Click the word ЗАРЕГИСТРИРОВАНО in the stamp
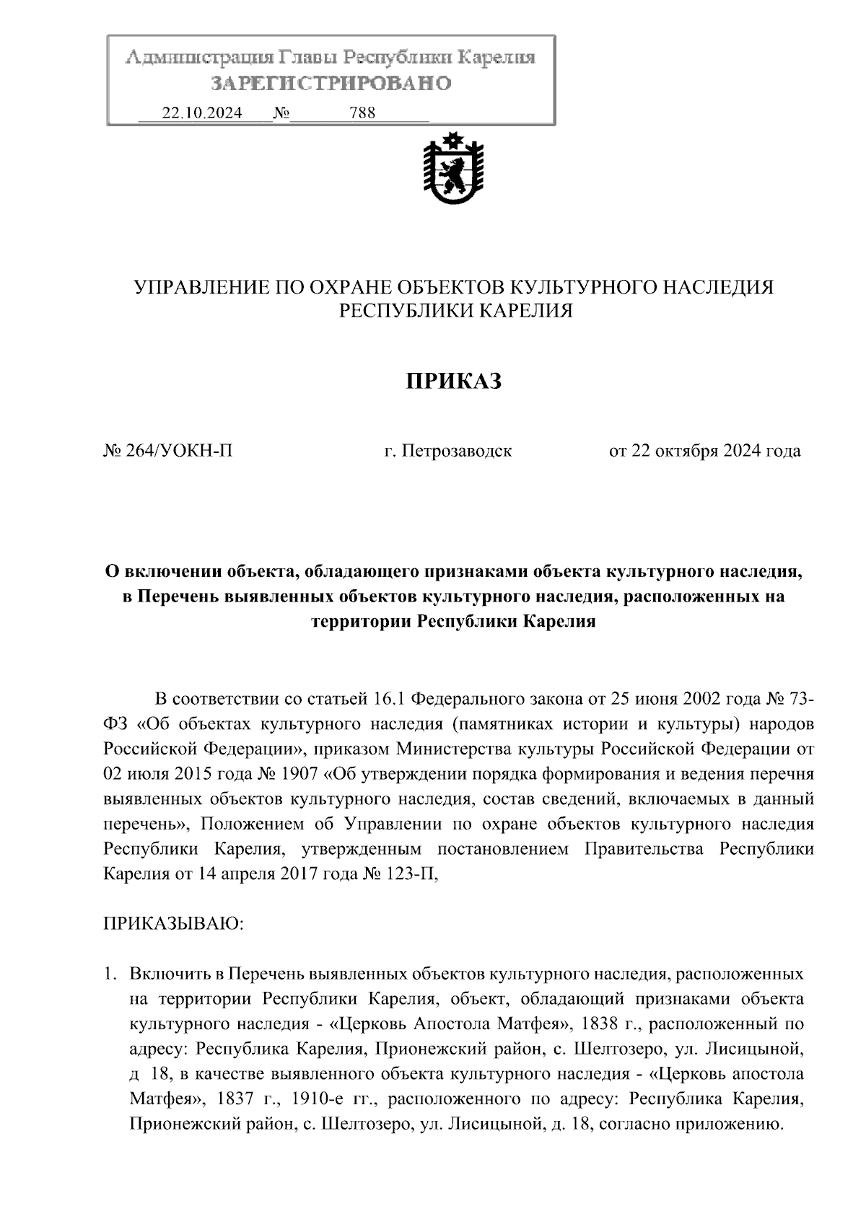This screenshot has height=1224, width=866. coord(331,84)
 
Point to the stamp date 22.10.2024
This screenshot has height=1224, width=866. coord(202,113)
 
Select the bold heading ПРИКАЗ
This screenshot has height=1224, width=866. coord(452,381)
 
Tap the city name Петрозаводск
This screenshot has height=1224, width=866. coord(457,452)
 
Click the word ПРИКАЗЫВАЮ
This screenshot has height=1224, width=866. coord(175,925)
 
